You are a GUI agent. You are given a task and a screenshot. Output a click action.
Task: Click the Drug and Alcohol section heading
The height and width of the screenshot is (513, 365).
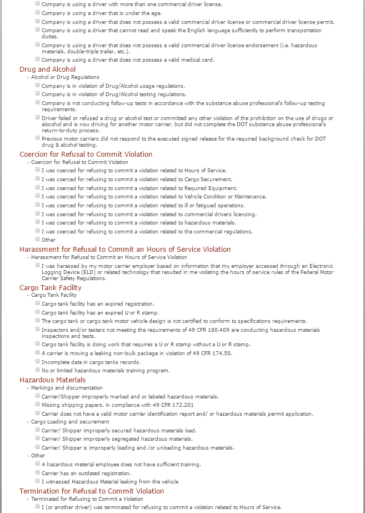47,69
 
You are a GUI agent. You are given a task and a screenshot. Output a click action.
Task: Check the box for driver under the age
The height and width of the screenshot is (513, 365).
37,12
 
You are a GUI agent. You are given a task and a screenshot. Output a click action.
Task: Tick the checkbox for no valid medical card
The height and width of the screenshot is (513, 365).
37,59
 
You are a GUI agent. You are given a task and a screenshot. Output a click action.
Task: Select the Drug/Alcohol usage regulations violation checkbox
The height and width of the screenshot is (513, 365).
37,85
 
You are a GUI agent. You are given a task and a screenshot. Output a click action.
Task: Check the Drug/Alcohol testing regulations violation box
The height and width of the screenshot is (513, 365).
37,94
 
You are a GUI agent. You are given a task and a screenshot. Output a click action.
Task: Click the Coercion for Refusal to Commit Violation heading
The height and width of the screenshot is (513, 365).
86,155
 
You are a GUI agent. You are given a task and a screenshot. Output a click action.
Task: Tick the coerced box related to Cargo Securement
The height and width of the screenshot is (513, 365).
37,178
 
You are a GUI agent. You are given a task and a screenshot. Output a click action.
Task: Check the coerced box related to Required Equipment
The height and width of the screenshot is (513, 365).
37,187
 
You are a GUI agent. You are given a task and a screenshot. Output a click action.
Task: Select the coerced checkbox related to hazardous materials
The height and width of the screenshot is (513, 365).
37,222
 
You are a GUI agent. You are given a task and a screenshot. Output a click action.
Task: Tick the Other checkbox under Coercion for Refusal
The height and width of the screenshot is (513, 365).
37,240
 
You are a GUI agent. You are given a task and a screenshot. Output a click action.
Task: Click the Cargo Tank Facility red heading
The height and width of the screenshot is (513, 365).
50,288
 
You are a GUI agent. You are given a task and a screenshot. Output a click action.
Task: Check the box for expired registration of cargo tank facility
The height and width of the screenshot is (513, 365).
37,303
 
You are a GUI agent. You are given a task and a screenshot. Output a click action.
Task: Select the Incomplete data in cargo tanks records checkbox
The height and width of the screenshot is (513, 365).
37,361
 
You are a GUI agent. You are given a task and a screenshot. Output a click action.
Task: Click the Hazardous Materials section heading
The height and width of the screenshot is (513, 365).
52,380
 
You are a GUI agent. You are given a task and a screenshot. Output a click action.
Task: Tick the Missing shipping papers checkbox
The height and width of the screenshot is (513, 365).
37,404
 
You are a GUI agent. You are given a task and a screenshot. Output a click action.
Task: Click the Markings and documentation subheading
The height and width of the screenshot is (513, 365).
67,388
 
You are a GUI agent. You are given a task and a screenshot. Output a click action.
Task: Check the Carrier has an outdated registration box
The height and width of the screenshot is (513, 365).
37,472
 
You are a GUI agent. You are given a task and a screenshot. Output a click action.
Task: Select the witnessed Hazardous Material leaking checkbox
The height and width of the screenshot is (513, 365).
37,481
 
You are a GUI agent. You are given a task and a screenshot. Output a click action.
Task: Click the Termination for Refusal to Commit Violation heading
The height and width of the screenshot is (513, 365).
92,491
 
